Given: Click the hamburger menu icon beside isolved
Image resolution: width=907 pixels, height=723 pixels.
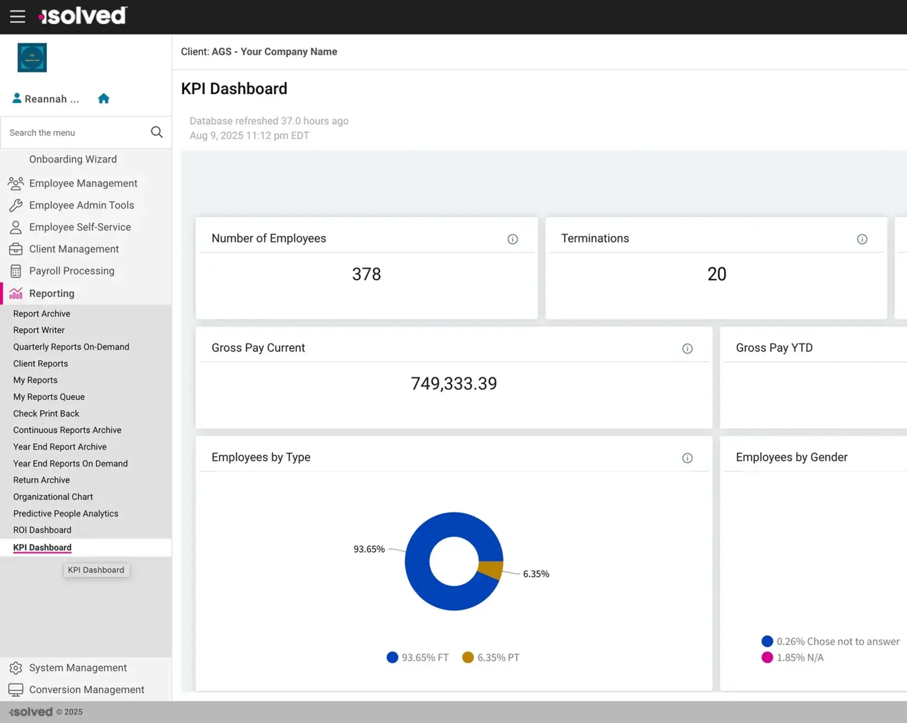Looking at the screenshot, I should pos(17,16).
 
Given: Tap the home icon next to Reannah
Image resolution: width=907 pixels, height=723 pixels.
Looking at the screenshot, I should pos(103,98).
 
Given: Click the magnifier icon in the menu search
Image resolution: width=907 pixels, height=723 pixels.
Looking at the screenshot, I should pos(156,132).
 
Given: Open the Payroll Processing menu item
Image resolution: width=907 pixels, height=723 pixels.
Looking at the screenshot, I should pos(72,271).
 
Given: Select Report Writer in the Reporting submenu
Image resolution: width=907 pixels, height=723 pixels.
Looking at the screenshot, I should pos(39,330).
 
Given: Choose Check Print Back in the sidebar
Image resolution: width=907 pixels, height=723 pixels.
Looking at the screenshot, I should pos(46,413).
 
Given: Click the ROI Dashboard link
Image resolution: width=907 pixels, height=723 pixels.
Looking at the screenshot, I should pos(42,530).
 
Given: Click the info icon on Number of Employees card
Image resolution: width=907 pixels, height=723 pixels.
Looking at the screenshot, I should pos(512,239).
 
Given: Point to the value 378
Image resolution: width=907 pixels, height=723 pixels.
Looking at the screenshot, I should pos(366,274).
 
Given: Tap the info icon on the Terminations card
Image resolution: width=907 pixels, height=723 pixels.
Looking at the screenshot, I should pos(862,239).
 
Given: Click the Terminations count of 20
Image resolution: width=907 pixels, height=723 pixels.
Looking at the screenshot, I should pos(717,274).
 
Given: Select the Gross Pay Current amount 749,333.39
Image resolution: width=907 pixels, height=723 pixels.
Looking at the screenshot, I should pos(453,384).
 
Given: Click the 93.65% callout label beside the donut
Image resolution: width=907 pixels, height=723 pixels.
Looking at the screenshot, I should pos(369,549).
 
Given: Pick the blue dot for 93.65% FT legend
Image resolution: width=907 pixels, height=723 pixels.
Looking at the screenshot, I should pos(392,657).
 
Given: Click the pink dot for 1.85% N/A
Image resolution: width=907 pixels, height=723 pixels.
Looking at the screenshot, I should pos(767,657).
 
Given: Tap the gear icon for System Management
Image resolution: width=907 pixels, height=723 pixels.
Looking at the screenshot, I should pos(16,668).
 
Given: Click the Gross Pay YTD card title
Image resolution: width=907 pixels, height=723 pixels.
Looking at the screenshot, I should pos(774,347).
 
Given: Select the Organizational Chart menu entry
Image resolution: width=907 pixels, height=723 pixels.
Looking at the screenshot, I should pos(53,497).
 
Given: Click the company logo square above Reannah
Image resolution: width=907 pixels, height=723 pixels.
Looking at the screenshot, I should pos(32,58).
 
